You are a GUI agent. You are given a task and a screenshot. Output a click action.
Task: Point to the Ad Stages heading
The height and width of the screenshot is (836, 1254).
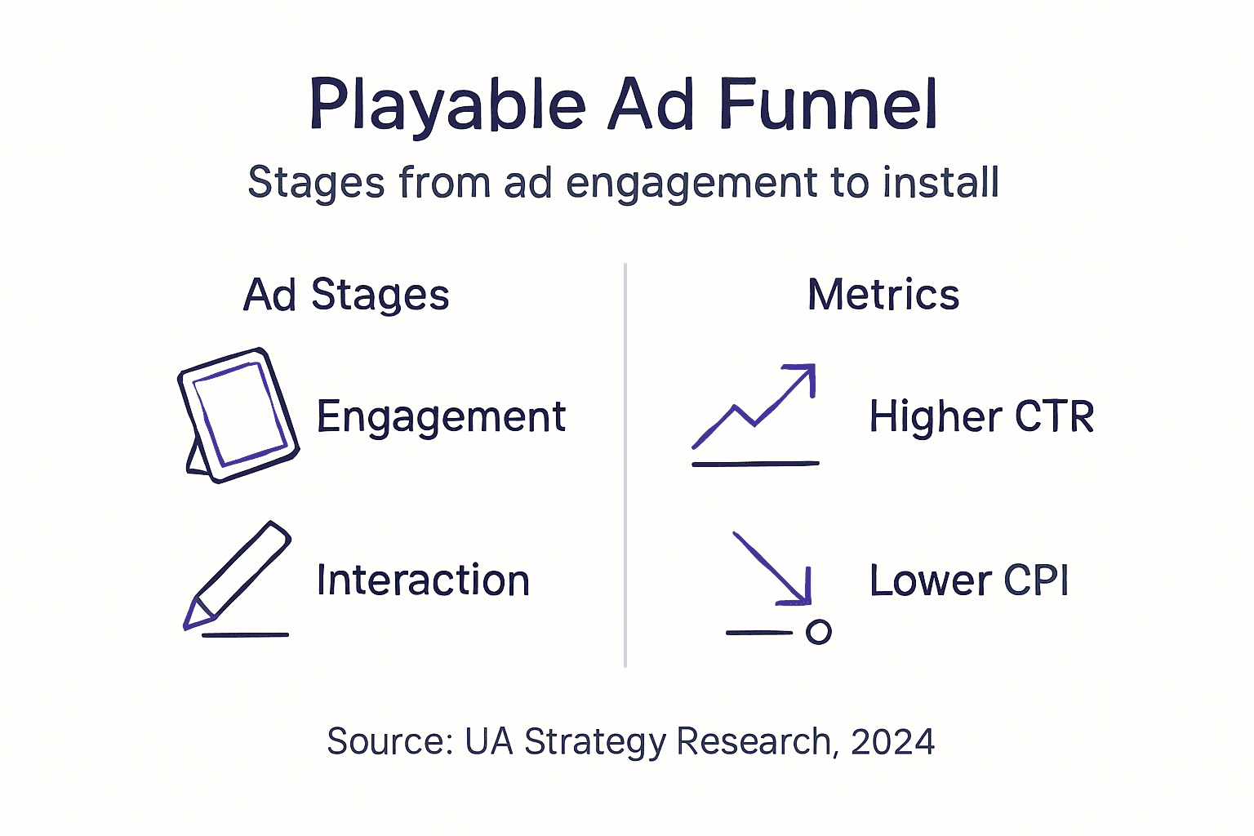tap(346, 295)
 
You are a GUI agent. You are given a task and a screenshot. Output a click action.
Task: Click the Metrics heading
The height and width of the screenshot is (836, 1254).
tap(883, 295)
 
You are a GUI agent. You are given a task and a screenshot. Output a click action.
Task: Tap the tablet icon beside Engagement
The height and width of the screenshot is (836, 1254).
tap(238, 415)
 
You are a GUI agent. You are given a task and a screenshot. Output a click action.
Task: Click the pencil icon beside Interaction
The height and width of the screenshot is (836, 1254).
tap(237, 576)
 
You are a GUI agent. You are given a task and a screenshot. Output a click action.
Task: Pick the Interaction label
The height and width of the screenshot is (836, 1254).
tap(423, 580)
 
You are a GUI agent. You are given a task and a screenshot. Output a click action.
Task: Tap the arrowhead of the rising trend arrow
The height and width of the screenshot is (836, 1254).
tap(804, 375)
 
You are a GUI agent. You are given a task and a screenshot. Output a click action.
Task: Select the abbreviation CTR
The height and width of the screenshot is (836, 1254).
tap(1054, 417)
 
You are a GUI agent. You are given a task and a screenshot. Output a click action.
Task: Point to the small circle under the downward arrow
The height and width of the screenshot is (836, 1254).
tap(818, 632)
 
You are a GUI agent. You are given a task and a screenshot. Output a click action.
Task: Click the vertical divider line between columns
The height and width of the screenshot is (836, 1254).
tap(625, 465)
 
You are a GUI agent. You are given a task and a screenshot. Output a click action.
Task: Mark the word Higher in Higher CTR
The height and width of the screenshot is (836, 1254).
tap(935, 417)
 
